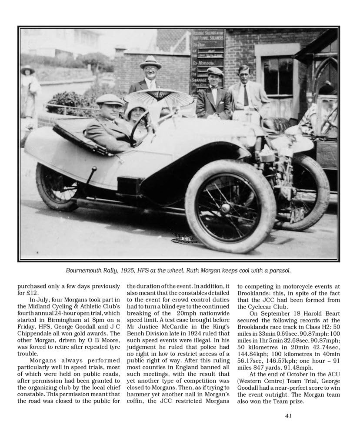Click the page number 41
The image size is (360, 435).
[x=288, y=416]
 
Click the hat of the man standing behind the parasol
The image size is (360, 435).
[x=150, y=62]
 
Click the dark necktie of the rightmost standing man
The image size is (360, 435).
[x=246, y=95]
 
